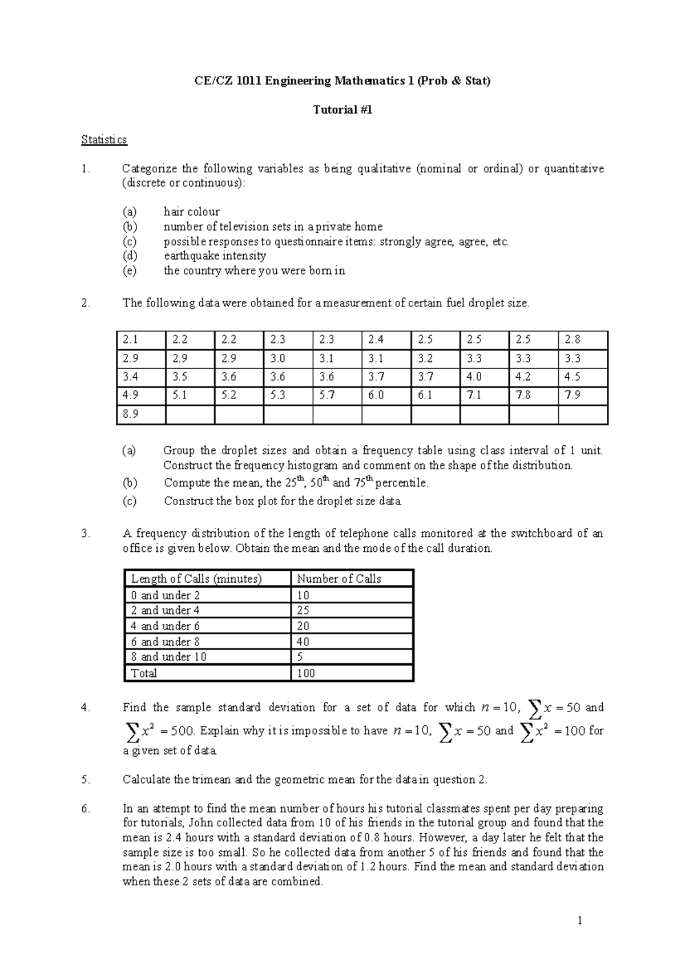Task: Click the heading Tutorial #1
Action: coord(342,110)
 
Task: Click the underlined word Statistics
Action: coord(104,139)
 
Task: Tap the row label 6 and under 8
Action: coord(166,641)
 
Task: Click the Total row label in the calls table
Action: coord(144,673)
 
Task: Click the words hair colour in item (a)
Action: coord(192,212)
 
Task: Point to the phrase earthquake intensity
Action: coord(215,256)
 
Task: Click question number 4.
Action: coord(86,708)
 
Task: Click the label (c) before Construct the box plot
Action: coord(130,501)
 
